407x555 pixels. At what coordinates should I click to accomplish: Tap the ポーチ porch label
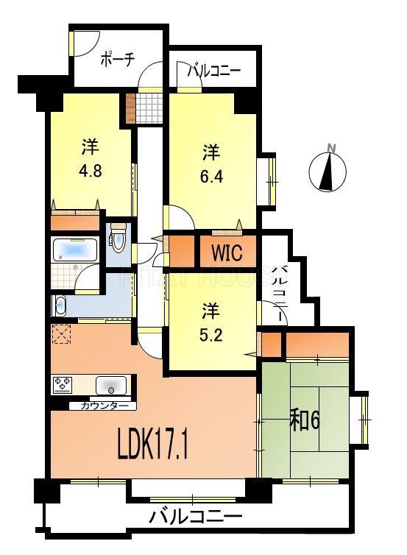116,60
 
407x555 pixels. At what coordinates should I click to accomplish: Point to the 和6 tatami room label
304,421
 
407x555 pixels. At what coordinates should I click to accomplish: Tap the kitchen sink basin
111,385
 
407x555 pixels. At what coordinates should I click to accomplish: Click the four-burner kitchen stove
62,384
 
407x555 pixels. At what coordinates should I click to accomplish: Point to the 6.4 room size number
212,178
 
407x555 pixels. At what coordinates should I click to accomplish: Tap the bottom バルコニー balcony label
195,516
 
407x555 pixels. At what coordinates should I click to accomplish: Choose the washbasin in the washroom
60,305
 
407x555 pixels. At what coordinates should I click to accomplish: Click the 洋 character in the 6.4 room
212,153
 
